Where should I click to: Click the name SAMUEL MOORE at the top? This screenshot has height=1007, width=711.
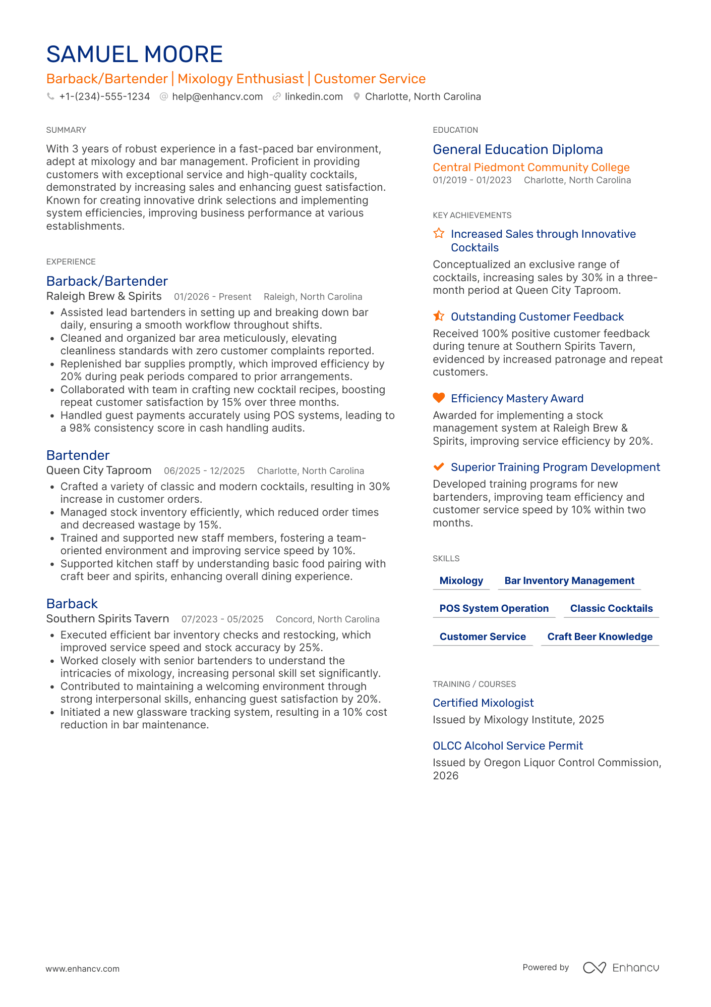(134, 55)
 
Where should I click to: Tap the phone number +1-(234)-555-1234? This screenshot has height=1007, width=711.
(104, 96)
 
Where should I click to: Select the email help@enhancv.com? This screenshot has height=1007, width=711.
(217, 96)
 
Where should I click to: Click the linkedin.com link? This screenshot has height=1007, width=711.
(314, 96)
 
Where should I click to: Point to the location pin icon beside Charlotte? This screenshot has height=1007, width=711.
(357, 96)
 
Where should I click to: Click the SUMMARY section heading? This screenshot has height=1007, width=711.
(66, 130)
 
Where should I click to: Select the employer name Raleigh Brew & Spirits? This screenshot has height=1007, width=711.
(104, 296)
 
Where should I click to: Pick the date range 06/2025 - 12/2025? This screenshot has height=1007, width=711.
(204, 471)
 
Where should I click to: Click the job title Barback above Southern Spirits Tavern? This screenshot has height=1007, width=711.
(72, 604)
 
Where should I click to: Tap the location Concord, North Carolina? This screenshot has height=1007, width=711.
(328, 619)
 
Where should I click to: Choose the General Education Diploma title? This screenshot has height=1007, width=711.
(518, 149)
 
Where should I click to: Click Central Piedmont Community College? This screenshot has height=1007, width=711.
(531, 168)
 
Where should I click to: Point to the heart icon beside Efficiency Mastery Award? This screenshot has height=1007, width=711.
(439, 398)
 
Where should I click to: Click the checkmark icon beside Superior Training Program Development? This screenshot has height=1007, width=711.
(439, 466)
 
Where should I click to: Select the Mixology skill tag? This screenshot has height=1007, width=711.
(461, 581)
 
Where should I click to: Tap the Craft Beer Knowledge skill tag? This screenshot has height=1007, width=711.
(600, 637)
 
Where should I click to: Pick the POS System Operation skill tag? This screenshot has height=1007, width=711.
(494, 609)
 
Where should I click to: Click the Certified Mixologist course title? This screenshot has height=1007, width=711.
(483, 703)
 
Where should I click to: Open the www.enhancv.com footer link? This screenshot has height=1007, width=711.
(83, 969)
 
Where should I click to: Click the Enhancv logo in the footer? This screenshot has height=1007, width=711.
(621, 968)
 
